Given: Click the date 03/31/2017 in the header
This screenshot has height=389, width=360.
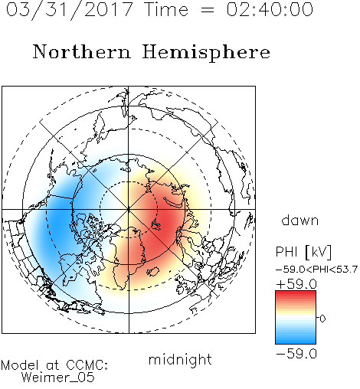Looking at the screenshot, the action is [70, 10].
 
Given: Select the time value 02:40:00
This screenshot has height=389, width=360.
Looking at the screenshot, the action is [270, 9].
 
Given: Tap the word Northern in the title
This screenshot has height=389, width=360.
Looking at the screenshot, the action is [82, 51].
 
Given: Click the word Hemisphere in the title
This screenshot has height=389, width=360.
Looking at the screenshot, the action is [206, 53].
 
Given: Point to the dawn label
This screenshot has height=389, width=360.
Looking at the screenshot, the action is [300, 221].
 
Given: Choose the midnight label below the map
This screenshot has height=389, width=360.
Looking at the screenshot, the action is [180, 360].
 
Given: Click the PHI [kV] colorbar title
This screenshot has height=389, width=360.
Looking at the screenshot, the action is [303, 252].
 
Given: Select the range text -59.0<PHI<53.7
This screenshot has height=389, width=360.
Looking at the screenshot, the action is [316, 270].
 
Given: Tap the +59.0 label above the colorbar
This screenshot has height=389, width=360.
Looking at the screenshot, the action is [296, 284].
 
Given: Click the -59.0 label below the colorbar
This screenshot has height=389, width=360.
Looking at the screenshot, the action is [296, 354].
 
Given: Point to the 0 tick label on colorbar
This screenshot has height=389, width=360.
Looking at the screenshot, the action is [322, 319].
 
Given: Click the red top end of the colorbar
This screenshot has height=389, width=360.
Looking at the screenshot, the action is [296, 293].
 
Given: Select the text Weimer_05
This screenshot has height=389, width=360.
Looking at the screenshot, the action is [58, 378].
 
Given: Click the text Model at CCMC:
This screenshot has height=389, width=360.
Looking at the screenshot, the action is [54, 365].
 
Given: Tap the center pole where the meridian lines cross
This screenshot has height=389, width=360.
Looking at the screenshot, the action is [129, 209].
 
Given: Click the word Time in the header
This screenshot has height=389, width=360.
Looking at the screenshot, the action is [166, 9].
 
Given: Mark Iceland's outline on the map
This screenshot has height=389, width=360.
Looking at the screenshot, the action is [153, 272].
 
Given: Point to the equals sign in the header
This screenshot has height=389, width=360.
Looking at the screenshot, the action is [208, 11].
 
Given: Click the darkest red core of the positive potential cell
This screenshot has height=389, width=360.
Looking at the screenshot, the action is [166, 221].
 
